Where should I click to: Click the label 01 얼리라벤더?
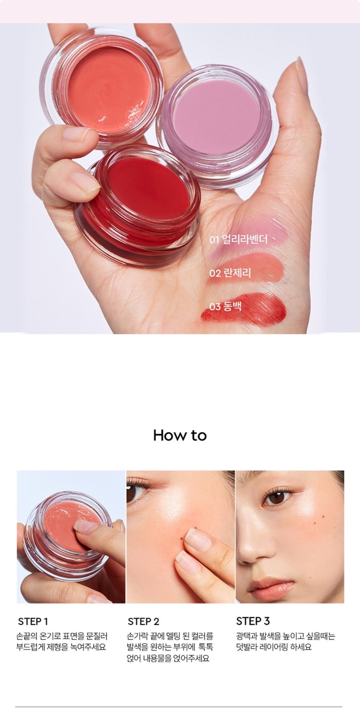pyautogui.click(x=238, y=239)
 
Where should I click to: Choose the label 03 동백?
pyautogui.click(x=225, y=306)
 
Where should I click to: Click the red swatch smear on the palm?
pyautogui.click(x=244, y=309)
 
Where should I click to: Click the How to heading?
pyautogui.click(x=180, y=435)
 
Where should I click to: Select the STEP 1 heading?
pyautogui.click(x=33, y=621)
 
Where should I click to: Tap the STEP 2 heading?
pyautogui.click(x=143, y=621)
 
